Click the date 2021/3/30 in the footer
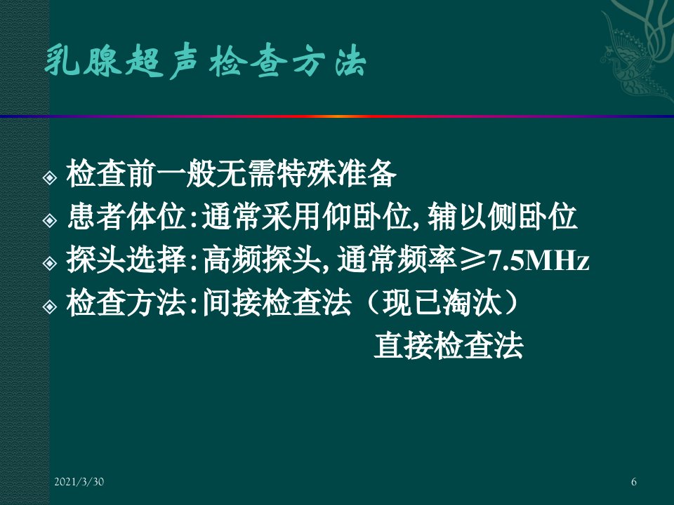click(79, 482)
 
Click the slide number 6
click(633, 482)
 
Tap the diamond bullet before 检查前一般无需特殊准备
click(50, 177)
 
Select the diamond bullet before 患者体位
click(50, 220)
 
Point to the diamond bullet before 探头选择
click(50, 263)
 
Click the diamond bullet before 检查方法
click(50, 307)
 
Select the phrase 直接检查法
click(449, 346)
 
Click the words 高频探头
click(262, 260)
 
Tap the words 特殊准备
click(336, 173)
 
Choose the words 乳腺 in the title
click(81, 62)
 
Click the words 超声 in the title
click(161, 62)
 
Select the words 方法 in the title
click(330, 62)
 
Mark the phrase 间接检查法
click(277, 303)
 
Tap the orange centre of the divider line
click(337, 116)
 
